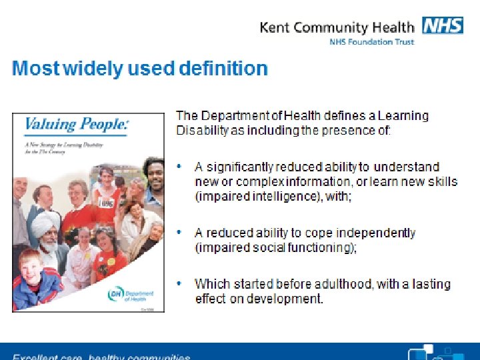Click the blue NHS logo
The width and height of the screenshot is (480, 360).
pos(442,26)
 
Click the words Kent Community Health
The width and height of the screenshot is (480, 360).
pos(337,27)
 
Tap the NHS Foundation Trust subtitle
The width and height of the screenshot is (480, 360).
pos(371,42)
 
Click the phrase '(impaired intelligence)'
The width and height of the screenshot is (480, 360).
pos(253,196)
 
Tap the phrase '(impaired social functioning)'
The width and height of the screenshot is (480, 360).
pos(275,247)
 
